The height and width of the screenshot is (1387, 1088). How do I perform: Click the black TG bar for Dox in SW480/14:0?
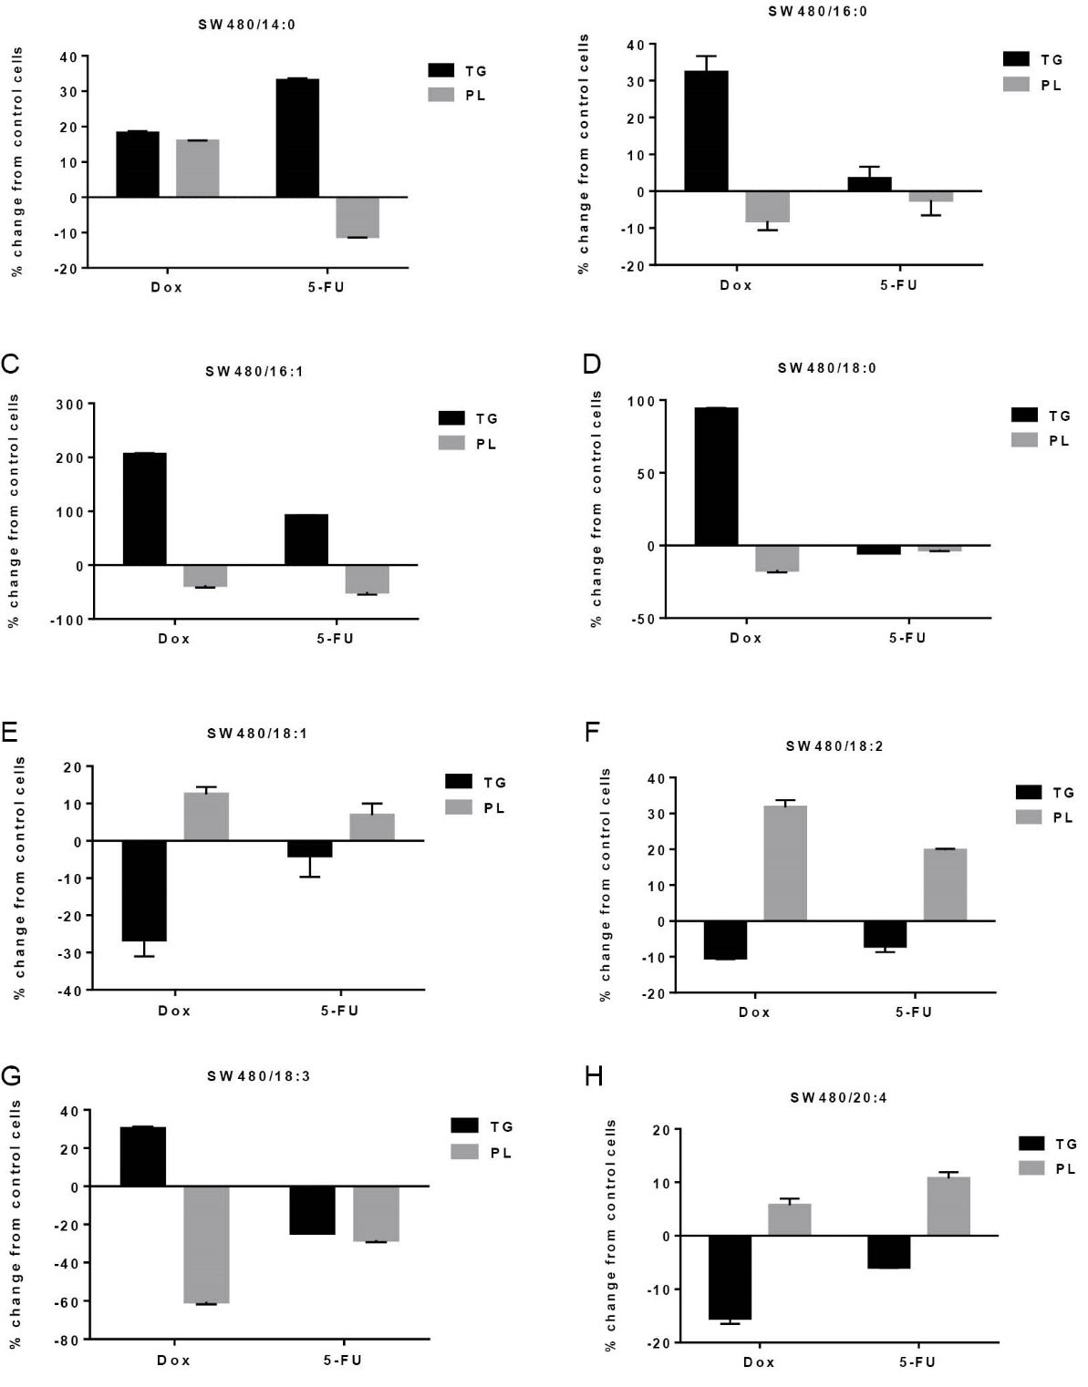pos(137,165)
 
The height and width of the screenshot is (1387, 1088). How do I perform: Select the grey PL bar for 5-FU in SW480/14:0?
pos(357,217)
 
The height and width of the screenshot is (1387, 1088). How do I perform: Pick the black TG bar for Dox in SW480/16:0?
pos(706,131)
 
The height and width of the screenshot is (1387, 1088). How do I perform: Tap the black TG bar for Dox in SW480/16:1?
pos(144,509)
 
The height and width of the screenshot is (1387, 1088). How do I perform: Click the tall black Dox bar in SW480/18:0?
pos(716,477)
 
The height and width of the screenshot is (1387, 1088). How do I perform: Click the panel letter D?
pos(592,365)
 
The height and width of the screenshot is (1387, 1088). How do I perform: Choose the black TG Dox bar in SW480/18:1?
pos(144,890)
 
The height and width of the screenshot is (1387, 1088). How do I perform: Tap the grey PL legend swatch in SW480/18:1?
pos(459,807)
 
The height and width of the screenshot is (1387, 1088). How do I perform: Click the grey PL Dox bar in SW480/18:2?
pos(784,863)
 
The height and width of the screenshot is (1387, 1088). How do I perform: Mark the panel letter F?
pos(591,732)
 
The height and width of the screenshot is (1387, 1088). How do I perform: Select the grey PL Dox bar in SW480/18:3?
pos(206,1245)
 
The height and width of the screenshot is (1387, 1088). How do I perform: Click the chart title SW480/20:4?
pos(838,1098)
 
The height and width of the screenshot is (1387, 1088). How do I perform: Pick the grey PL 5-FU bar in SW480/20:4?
pos(948,1207)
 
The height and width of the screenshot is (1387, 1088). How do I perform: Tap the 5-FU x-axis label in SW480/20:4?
pos(917,1361)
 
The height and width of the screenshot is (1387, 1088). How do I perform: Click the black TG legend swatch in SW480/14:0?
pos(441,70)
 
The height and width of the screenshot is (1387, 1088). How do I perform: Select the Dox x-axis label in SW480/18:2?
pos(754,1012)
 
